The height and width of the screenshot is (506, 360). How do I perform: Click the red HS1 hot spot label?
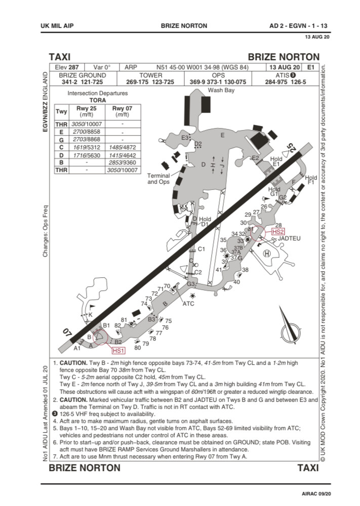point(118,350)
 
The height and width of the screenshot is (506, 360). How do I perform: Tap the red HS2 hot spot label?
point(278,232)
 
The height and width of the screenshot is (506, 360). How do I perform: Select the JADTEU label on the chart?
point(290,238)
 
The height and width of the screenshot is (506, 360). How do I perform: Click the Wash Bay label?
point(221,90)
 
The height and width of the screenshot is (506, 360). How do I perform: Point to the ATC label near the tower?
point(188,304)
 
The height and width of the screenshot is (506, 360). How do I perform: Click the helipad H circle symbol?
point(267,253)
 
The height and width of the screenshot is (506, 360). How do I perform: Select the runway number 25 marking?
point(291,149)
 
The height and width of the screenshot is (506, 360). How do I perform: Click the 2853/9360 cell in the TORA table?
point(125,162)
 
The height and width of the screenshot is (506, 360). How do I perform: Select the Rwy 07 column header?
point(125,111)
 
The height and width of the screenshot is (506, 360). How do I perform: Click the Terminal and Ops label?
point(158,179)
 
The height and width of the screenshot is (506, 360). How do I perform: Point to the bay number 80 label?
point(137,348)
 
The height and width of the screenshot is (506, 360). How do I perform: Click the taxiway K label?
point(91,315)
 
